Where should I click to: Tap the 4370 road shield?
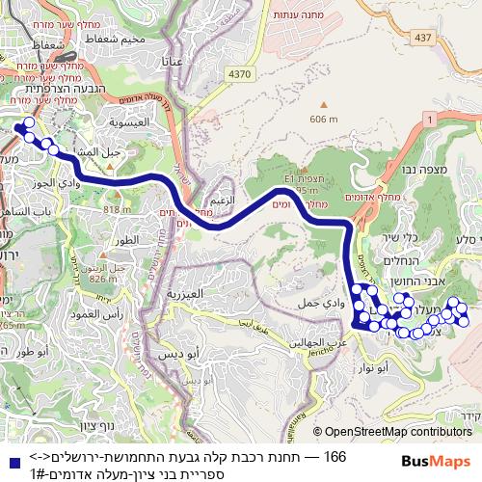240,73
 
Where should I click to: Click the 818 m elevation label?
117,209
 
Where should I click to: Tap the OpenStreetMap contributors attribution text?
397,433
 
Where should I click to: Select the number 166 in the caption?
335,456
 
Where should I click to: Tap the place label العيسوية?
127,122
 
